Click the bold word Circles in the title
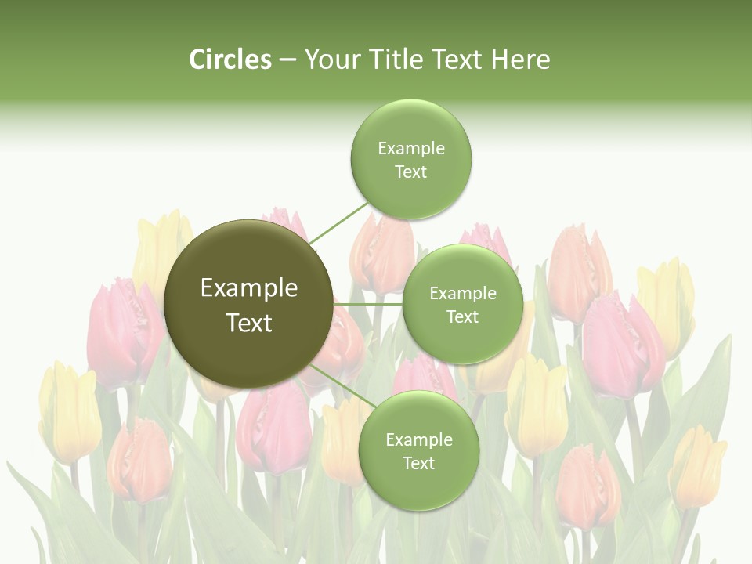point(230,60)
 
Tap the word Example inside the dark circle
point(248,288)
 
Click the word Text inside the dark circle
point(248,323)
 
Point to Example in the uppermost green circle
point(410,148)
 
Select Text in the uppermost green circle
point(410,172)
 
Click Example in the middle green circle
point(462,293)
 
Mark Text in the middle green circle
point(462,316)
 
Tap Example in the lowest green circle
point(418,439)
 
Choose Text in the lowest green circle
point(418,463)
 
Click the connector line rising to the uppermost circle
point(338,222)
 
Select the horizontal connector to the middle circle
point(367,304)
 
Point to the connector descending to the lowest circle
point(343,385)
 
